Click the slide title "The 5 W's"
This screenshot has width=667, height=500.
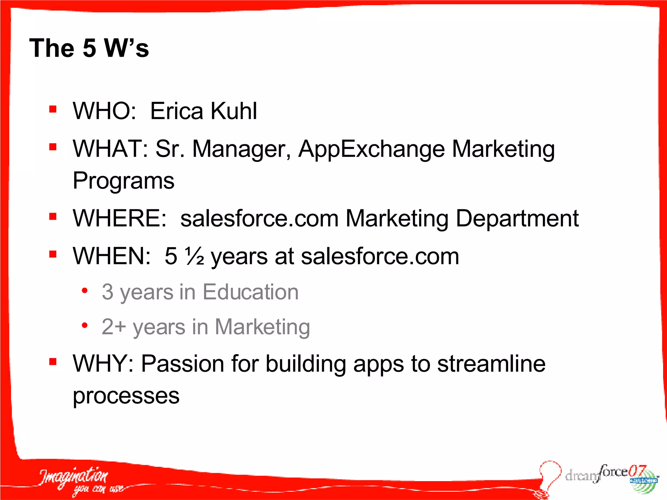pos(89,48)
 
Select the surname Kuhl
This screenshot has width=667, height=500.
pos(234,111)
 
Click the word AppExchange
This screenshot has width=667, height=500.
pos(371,149)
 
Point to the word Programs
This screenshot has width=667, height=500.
pos(123,181)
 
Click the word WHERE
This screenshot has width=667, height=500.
pos(120,218)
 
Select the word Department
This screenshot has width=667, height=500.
pos(517,218)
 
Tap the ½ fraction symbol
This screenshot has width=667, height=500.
pos(194,256)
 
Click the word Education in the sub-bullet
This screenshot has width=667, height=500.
pos(250,292)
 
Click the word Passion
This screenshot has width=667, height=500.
pos(182,364)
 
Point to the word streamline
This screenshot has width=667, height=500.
pos(491,364)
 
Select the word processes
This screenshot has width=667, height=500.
pos(126,396)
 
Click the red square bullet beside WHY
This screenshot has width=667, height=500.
pos(53,362)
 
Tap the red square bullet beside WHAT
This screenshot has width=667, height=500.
pos(53,147)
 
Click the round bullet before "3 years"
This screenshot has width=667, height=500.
pos(85,290)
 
